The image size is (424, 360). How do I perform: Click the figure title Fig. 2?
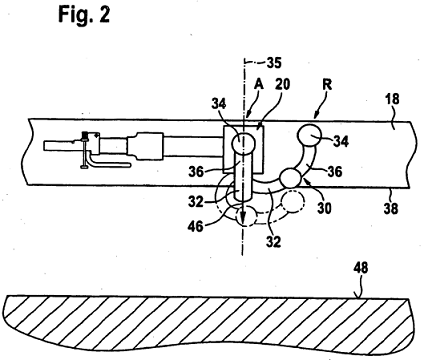pyautogui.click(x=84, y=15)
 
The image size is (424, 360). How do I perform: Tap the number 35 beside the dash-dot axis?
pyautogui.click(x=274, y=63)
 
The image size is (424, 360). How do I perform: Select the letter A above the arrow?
pyautogui.click(x=259, y=85)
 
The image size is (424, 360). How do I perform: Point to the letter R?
pyautogui.click(x=327, y=85)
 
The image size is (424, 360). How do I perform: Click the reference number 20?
pyautogui.click(x=282, y=85)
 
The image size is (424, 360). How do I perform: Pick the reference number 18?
pyautogui.click(x=391, y=100)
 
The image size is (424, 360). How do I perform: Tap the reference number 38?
pyautogui.click(x=391, y=209)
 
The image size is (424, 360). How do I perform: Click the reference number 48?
pyautogui.click(x=360, y=268)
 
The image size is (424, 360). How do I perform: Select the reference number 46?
pyautogui.click(x=195, y=227)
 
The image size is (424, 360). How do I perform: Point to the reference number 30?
pyautogui.click(x=324, y=209)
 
